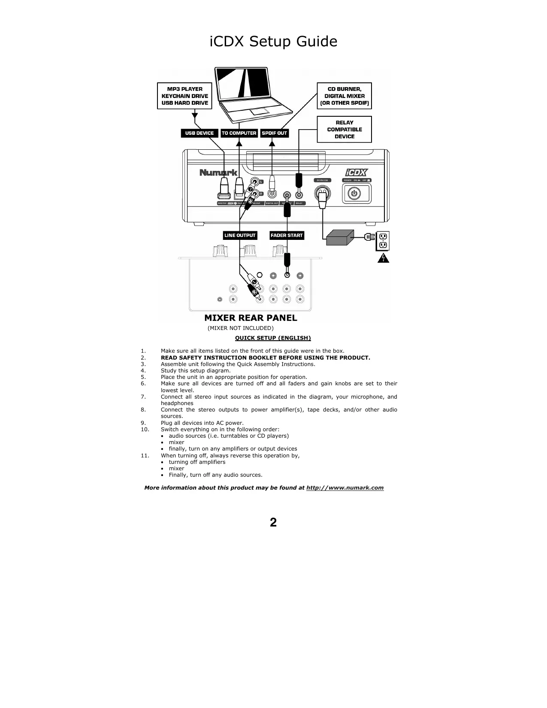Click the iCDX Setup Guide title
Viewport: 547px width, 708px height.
coord(273,42)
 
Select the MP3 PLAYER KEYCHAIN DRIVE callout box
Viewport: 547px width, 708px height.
coord(184,96)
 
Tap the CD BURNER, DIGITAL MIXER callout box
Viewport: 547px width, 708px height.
coord(344,96)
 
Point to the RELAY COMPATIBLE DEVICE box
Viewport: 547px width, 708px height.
coord(344,129)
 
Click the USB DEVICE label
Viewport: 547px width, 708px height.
coord(199,133)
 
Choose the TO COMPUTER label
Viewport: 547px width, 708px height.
coord(239,133)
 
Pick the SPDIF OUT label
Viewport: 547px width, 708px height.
coord(275,133)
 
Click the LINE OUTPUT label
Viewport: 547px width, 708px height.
coord(240,235)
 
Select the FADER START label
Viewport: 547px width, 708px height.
coord(287,235)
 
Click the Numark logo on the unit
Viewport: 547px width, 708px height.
coord(218,172)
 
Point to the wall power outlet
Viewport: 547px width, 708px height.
coord(383,241)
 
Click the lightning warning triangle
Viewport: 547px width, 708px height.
coord(383,258)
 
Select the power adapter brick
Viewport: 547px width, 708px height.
coord(340,237)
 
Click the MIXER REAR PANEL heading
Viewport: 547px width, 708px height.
coord(251,318)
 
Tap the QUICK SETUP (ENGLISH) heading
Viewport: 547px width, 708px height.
coord(273,338)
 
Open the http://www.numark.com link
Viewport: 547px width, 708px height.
coord(345,487)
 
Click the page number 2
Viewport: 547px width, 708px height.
coord(273,522)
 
